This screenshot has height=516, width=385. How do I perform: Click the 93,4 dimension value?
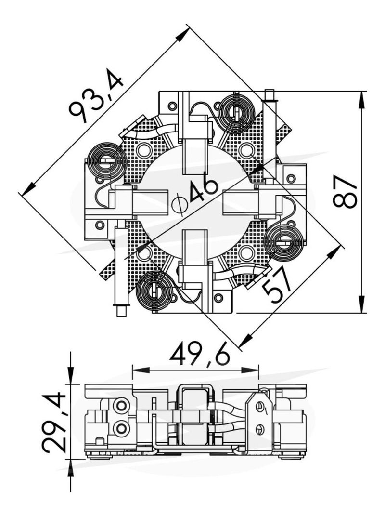[x=96, y=98]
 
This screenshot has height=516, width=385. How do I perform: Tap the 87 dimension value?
[x=345, y=192]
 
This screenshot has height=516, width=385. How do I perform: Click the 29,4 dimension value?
[x=54, y=422]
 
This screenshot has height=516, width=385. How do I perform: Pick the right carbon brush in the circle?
[x=240, y=202]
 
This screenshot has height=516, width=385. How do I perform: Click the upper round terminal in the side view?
[x=122, y=405]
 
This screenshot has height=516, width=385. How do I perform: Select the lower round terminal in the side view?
[x=122, y=428]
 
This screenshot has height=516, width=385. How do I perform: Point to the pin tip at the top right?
[x=269, y=94]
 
